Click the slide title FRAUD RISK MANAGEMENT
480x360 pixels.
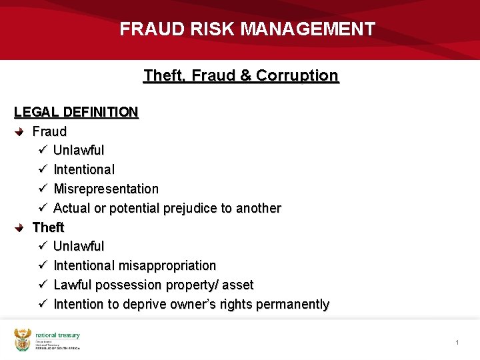(247, 29)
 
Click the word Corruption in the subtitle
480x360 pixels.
(298, 75)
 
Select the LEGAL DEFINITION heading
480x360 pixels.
(76, 112)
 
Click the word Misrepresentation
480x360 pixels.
(106, 189)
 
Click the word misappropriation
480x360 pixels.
(167, 266)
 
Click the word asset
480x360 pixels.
(238, 285)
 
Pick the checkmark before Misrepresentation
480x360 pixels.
(41, 189)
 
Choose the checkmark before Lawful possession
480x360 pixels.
(41, 285)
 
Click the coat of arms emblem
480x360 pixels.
(23, 339)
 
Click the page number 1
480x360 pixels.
(457, 343)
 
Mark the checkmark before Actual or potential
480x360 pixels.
(41, 209)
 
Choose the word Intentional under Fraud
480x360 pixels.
(84, 170)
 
